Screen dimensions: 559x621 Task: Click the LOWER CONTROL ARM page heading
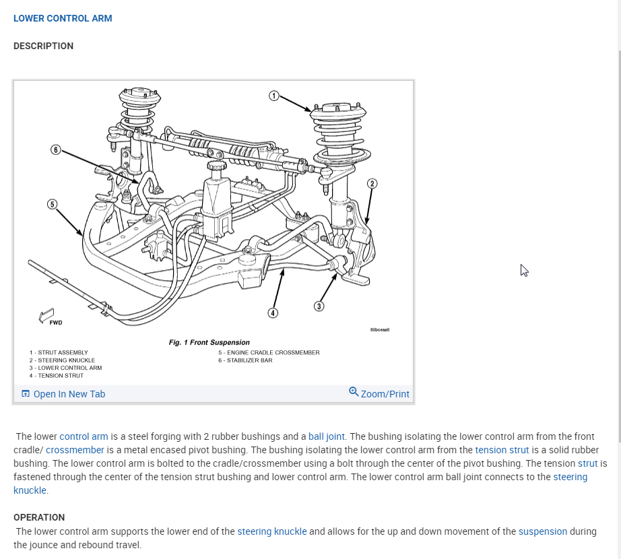(x=63, y=18)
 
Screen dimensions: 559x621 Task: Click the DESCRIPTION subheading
(x=43, y=46)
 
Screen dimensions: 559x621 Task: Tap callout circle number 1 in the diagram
(x=273, y=96)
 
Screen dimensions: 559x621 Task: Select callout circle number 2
(x=372, y=183)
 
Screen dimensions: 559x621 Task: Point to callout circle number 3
(x=319, y=306)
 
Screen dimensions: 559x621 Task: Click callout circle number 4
(x=272, y=313)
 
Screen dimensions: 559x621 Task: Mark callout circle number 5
(x=52, y=204)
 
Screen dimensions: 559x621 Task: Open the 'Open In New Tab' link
(x=69, y=394)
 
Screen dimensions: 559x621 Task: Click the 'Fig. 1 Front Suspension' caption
(x=209, y=343)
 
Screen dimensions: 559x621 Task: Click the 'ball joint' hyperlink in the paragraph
(x=327, y=436)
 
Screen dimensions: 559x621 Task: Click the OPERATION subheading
(x=39, y=517)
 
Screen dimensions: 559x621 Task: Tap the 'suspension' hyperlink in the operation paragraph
(x=542, y=531)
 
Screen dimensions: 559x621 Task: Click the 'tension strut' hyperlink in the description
(x=502, y=450)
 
